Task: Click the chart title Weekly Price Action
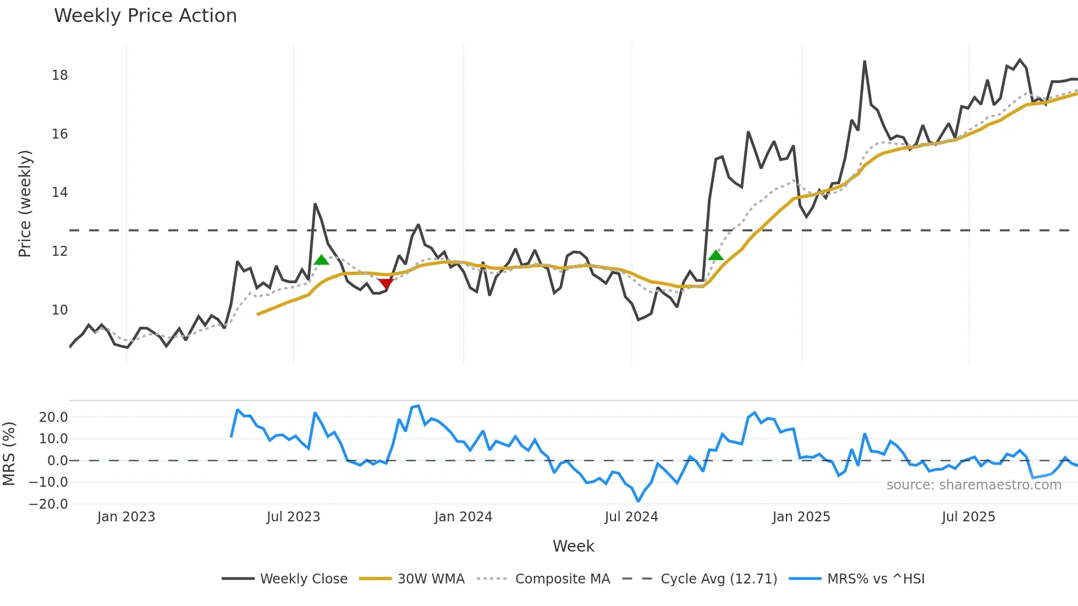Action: coord(145,16)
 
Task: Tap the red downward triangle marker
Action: coord(386,283)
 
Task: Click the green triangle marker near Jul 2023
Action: coord(321,260)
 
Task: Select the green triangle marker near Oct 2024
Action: coord(716,255)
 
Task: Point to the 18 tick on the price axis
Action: coord(60,75)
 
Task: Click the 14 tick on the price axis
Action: coord(60,192)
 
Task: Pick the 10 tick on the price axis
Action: coord(60,310)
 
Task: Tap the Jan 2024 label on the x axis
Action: coord(463,517)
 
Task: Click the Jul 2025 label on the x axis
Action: coord(968,517)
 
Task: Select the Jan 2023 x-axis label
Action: coord(126,517)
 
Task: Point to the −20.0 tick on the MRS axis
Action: coord(48,504)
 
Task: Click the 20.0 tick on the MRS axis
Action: coord(53,417)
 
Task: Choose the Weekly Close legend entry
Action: coord(304,579)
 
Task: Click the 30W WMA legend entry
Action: coord(431,579)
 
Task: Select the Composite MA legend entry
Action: coord(562,579)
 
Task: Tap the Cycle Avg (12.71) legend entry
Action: coord(718,579)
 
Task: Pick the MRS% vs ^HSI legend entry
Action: coord(876,579)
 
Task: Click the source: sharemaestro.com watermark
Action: coord(974,485)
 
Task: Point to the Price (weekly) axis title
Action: coord(25,203)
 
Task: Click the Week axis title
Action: coord(573,546)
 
